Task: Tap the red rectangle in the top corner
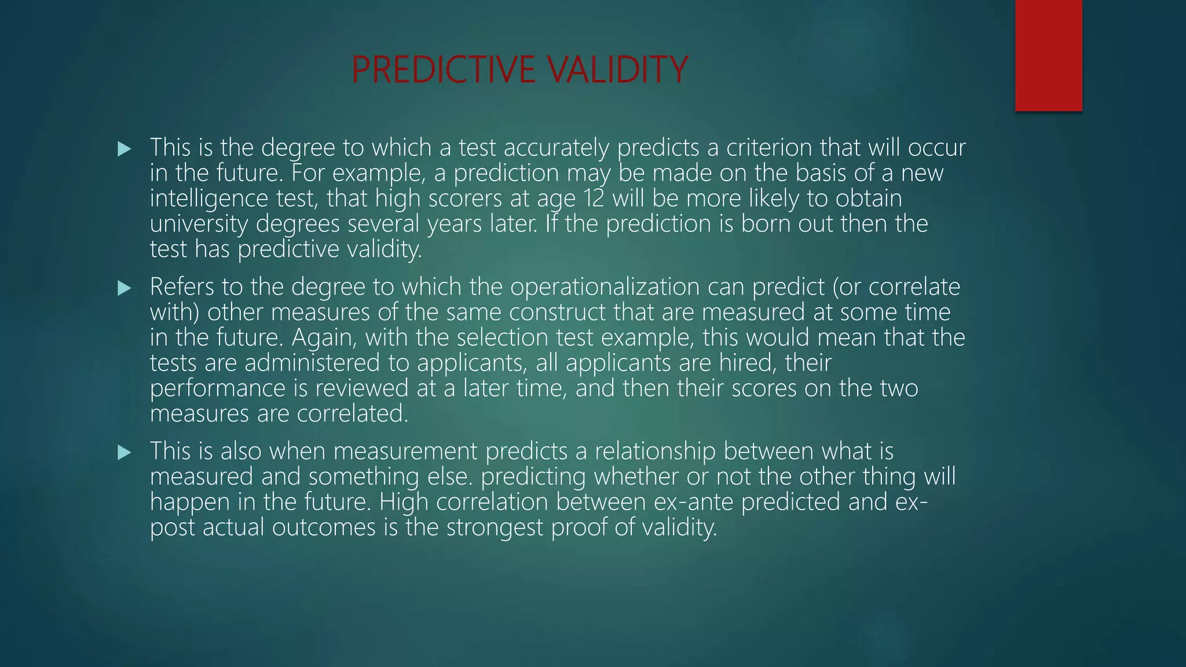tap(1048, 56)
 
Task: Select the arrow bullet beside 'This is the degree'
tap(124, 149)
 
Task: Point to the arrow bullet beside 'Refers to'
tap(124, 288)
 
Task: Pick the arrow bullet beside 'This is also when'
tap(124, 453)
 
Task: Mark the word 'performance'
tap(217, 389)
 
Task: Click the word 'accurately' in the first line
tap(556, 148)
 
